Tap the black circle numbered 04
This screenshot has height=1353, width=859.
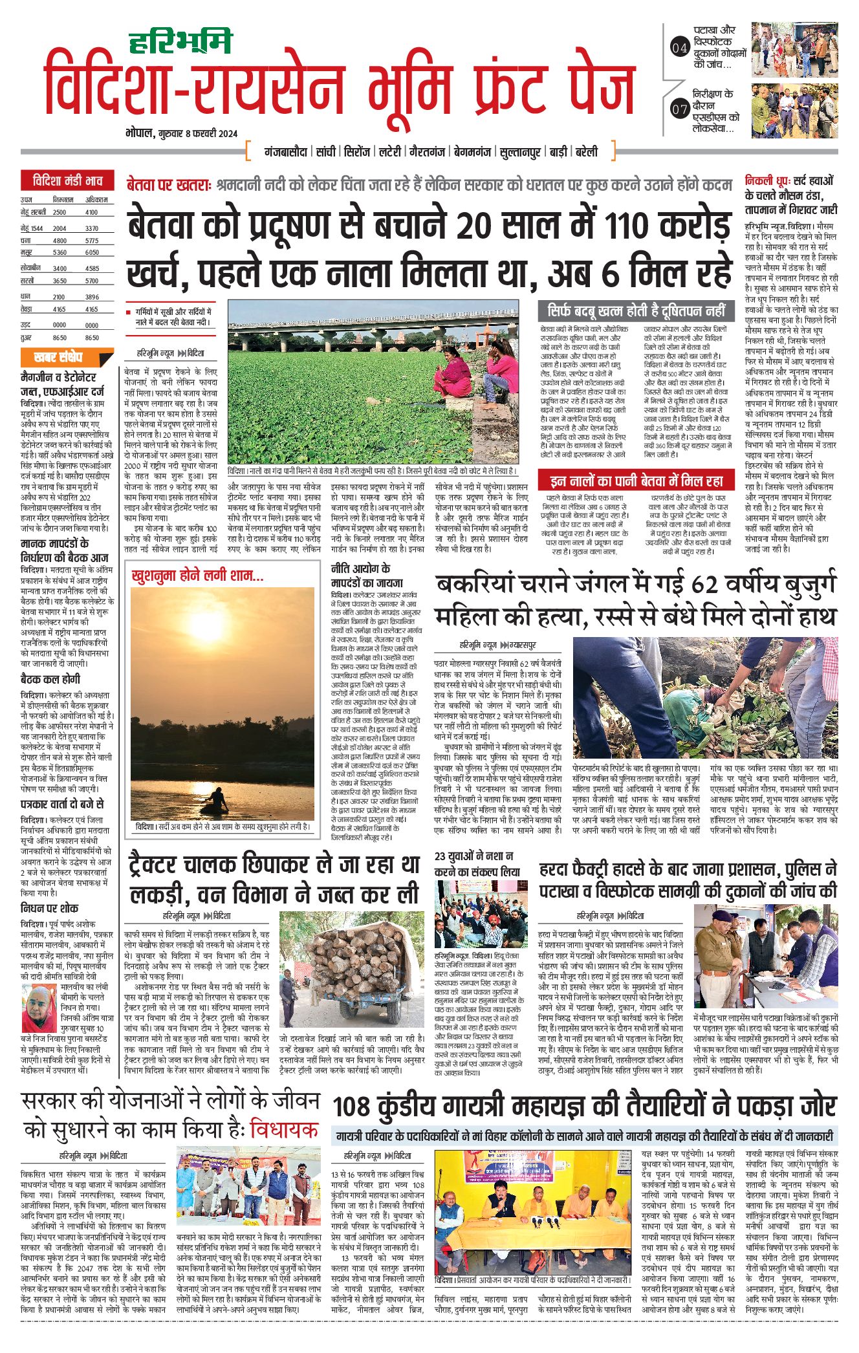pyautogui.click(x=679, y=47)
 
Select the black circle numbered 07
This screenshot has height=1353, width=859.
pyautogui.click(x=679, y=109)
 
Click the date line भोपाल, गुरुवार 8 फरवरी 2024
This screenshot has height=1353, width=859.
pyautogui.click(x=182, y=134)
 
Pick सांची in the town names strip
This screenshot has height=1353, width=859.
pyautogui.click(x=326, y=153)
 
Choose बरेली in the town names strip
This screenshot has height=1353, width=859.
pyautogui.click(x=586, y=153)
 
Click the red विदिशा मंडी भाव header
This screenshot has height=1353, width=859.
pyautogui.click(x=67, y=180)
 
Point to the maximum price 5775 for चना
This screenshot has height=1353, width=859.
pyautogui.click(x=91, y=240)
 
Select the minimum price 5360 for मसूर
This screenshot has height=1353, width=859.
pyautogui.click(x=60, y=252)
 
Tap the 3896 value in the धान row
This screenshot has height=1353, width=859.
pyautogui.click(x=92, y=297)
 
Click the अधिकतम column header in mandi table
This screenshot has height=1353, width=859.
pyautogui.click(x=96, y=200)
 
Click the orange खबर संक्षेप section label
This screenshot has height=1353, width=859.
pyautogui.click(x=58, y=357)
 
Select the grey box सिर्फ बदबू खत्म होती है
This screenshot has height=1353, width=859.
pyautogui.click(x=636, y=310)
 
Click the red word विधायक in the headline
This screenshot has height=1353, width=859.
pyautogui.click(x=285, y=1130)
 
